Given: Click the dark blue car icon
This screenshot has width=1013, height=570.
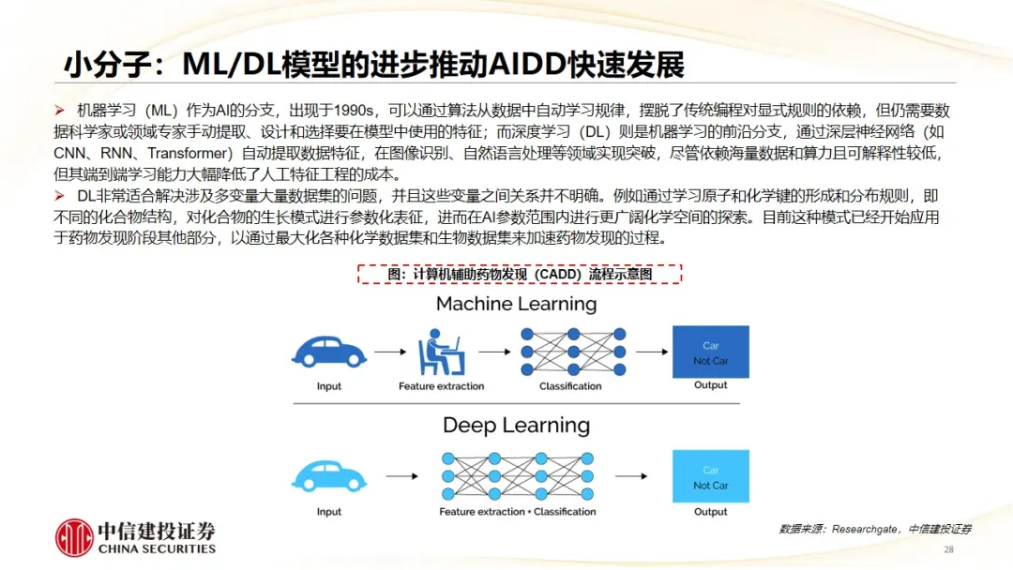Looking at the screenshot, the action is click(x=329, y=352).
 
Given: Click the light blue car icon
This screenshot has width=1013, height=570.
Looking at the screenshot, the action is click(x=329, y=476).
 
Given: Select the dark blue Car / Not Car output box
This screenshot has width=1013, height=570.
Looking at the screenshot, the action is click(x=711, y=352).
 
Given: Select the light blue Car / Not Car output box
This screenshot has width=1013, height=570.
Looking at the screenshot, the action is click(x=711, y=476).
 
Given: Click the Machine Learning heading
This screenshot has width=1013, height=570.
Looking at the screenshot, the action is click(x=516, y=304).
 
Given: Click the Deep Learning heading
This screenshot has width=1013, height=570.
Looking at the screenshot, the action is click(x=516, y=426).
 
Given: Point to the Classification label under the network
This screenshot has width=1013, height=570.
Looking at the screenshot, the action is click(x=570, y=386).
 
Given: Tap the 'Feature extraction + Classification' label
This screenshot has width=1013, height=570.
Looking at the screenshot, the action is click(x=518, y=511).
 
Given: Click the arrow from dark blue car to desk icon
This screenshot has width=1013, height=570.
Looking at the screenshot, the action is click(x=390, y=352).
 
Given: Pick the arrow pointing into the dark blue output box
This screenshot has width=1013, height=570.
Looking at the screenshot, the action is click(x=652, y=352).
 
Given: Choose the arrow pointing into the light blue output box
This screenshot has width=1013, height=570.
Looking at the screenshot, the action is click(x=631, y=476).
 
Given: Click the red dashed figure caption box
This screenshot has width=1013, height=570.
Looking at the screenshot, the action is click(x=520, y=275).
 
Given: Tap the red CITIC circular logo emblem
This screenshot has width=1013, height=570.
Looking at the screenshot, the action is click(x=74, y=538).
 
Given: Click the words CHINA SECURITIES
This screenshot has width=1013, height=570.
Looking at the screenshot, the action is click(x=157, y=548).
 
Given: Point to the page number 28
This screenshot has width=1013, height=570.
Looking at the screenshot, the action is click(x=948, y=549).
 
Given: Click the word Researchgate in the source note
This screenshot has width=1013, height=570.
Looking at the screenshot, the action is click(x=865, y=530).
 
